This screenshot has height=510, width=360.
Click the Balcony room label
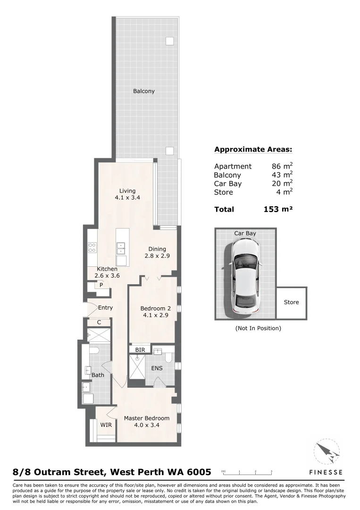(143, 91)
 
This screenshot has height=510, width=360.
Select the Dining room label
(157, 249)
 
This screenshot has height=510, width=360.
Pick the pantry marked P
(101, 285)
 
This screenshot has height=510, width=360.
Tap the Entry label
(105, 307)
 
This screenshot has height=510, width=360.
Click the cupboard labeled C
(99, 323)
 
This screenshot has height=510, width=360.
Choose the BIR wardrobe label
(140, 350)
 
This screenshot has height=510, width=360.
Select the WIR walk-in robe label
(106, 425)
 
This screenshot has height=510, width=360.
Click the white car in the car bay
(245, 277)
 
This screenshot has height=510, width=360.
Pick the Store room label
(291, 302)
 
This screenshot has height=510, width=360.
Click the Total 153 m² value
(278, 209)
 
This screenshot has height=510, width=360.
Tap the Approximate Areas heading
(253, 150)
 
